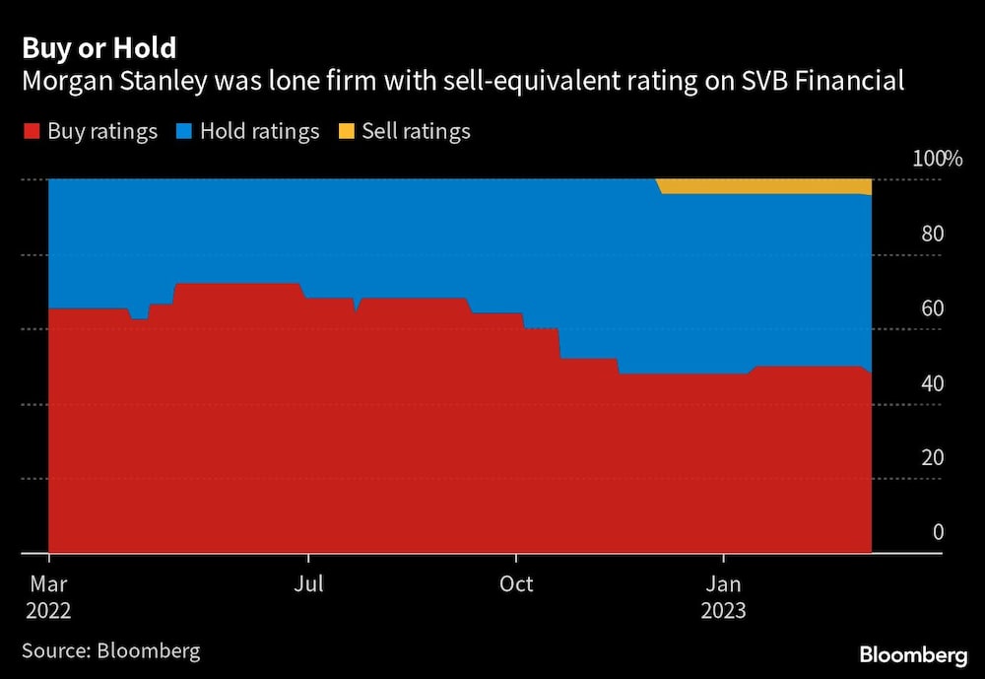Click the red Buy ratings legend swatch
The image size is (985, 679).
(32, 131)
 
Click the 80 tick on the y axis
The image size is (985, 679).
(932, 234)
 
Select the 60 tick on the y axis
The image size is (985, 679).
(932, 308)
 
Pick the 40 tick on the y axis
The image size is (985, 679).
(932, 383)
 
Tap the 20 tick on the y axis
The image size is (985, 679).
(932, 457)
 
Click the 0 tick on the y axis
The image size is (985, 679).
(938, 532)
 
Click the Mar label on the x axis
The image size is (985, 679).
(48, 583)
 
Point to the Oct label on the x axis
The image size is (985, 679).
(516, 583)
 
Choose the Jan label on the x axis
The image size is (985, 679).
(723, 583)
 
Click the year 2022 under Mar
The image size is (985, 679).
(48, 611)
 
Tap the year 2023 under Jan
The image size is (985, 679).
(723, 611)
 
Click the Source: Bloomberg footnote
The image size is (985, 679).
(110, 650)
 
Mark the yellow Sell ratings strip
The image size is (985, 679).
(768, 186)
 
